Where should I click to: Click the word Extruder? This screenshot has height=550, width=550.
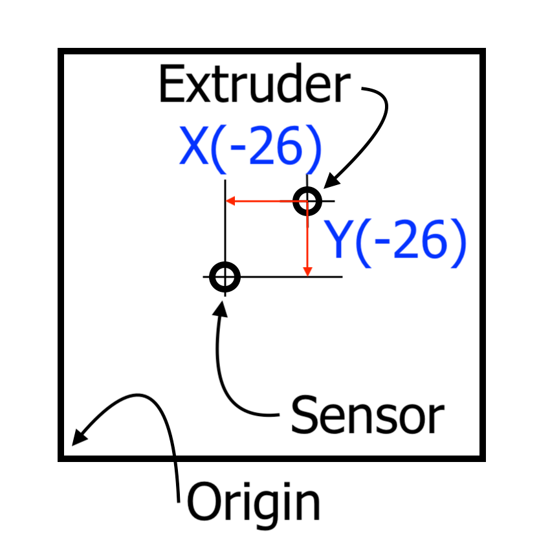[254, 85]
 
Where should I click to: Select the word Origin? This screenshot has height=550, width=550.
[254, 502]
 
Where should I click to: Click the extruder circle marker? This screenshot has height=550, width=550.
[307, 201]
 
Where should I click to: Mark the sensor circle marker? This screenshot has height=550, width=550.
[225, 278]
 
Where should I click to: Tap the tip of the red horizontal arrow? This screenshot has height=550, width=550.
[227, 201]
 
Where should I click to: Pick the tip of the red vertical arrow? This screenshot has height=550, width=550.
[308, 274]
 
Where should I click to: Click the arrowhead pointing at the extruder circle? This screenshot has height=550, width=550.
[328, 184]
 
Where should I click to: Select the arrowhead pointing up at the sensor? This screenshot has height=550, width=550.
[222, 305]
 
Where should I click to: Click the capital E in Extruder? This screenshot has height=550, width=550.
[170, 85]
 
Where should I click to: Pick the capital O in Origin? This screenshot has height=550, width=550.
[203, 502]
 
